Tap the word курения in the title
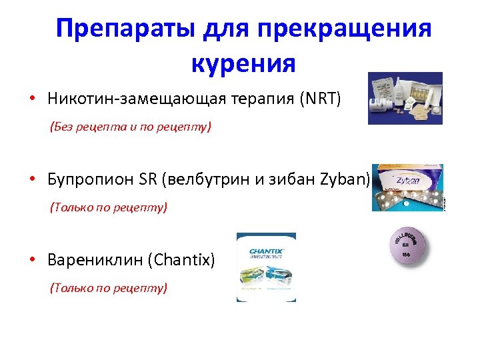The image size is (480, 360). click(243, 63)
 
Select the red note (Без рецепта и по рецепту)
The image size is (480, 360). click(131, 126)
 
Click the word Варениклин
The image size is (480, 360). click(97, 260)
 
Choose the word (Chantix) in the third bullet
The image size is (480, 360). click(184, 260)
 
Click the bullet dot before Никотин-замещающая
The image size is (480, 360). click(31, 100)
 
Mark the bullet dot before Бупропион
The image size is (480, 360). click(31, 180)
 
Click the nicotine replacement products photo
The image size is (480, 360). click(405, 99)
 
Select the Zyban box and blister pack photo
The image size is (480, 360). click(407, 187)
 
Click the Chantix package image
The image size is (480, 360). click(266, 267)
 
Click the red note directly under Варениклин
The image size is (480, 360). click(109, 287)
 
